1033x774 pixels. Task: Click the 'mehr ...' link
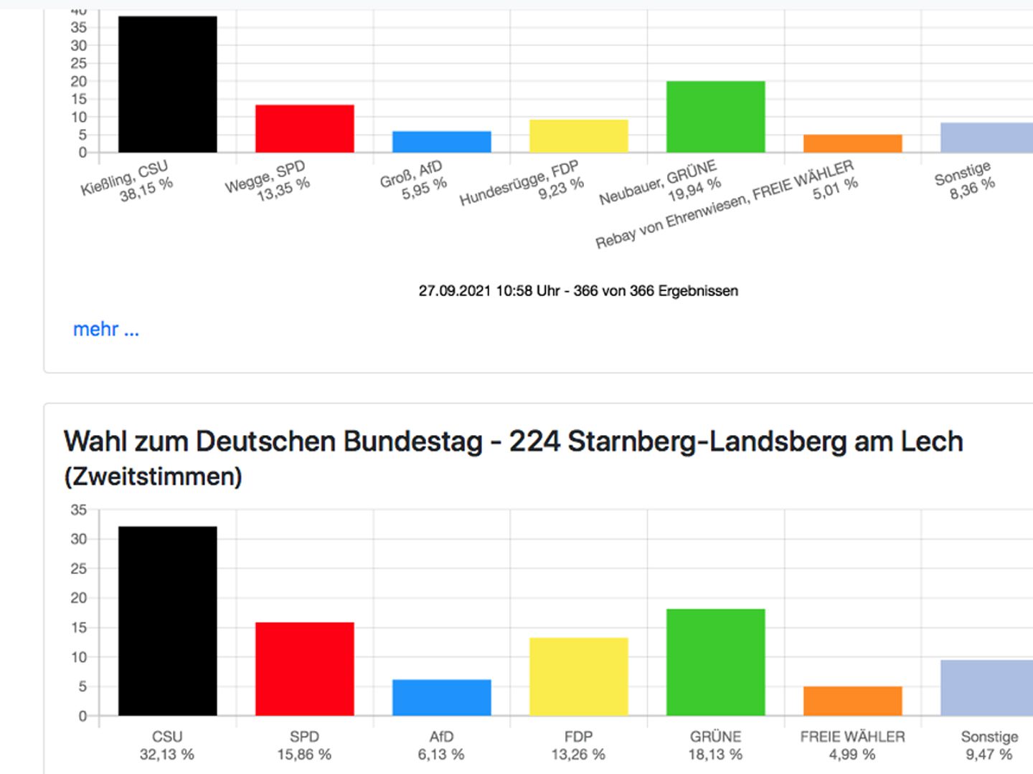coord(106,330)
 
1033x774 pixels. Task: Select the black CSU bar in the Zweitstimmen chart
coord(167,621)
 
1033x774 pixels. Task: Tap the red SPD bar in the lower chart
coord(304,669)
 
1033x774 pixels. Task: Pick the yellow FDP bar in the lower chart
coord(578,677)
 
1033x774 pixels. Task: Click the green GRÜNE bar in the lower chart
coord(715,662)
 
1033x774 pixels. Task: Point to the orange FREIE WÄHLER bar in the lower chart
coord(852,701)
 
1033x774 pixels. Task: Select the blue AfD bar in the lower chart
coord(441,697)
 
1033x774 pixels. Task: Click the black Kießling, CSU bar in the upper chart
coord(167,85)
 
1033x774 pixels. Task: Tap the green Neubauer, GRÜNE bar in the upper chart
coord(715,117)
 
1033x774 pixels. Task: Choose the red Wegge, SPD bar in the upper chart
coord(304,129)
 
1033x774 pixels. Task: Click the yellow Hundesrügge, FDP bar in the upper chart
coord(578,136)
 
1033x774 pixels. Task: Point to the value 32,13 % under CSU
coord(167,755)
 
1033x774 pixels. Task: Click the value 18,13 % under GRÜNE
coord(715,755)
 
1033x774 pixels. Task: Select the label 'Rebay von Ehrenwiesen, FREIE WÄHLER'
coord(725,205)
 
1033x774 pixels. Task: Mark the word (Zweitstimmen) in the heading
coord(153,477)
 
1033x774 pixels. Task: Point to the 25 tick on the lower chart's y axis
coord(78,569)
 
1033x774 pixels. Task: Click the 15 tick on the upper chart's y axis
coord(78,99)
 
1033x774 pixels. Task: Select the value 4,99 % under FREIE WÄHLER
coord(852,755)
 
